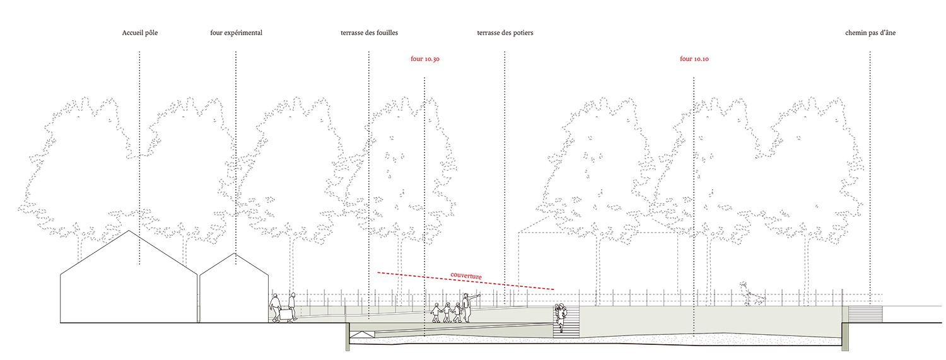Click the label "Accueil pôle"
click(x=139, y=33)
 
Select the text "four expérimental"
click(x=236, y=33)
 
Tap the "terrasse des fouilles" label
click(x=369, y=33)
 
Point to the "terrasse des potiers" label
click(x=505, y=33)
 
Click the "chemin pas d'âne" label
click(x=870, y=33)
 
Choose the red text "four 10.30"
click(x=424, y=59)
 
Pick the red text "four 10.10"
click(x=694, y=59)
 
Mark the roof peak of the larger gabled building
click(x=130, y=231)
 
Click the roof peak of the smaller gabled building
click(x=236, y=254)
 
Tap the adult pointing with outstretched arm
click(x=466, y=306)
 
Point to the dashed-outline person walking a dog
click(x=747, y=294)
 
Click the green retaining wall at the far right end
click(x=843, y=334)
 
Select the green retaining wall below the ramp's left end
click(x=347, y=337)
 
